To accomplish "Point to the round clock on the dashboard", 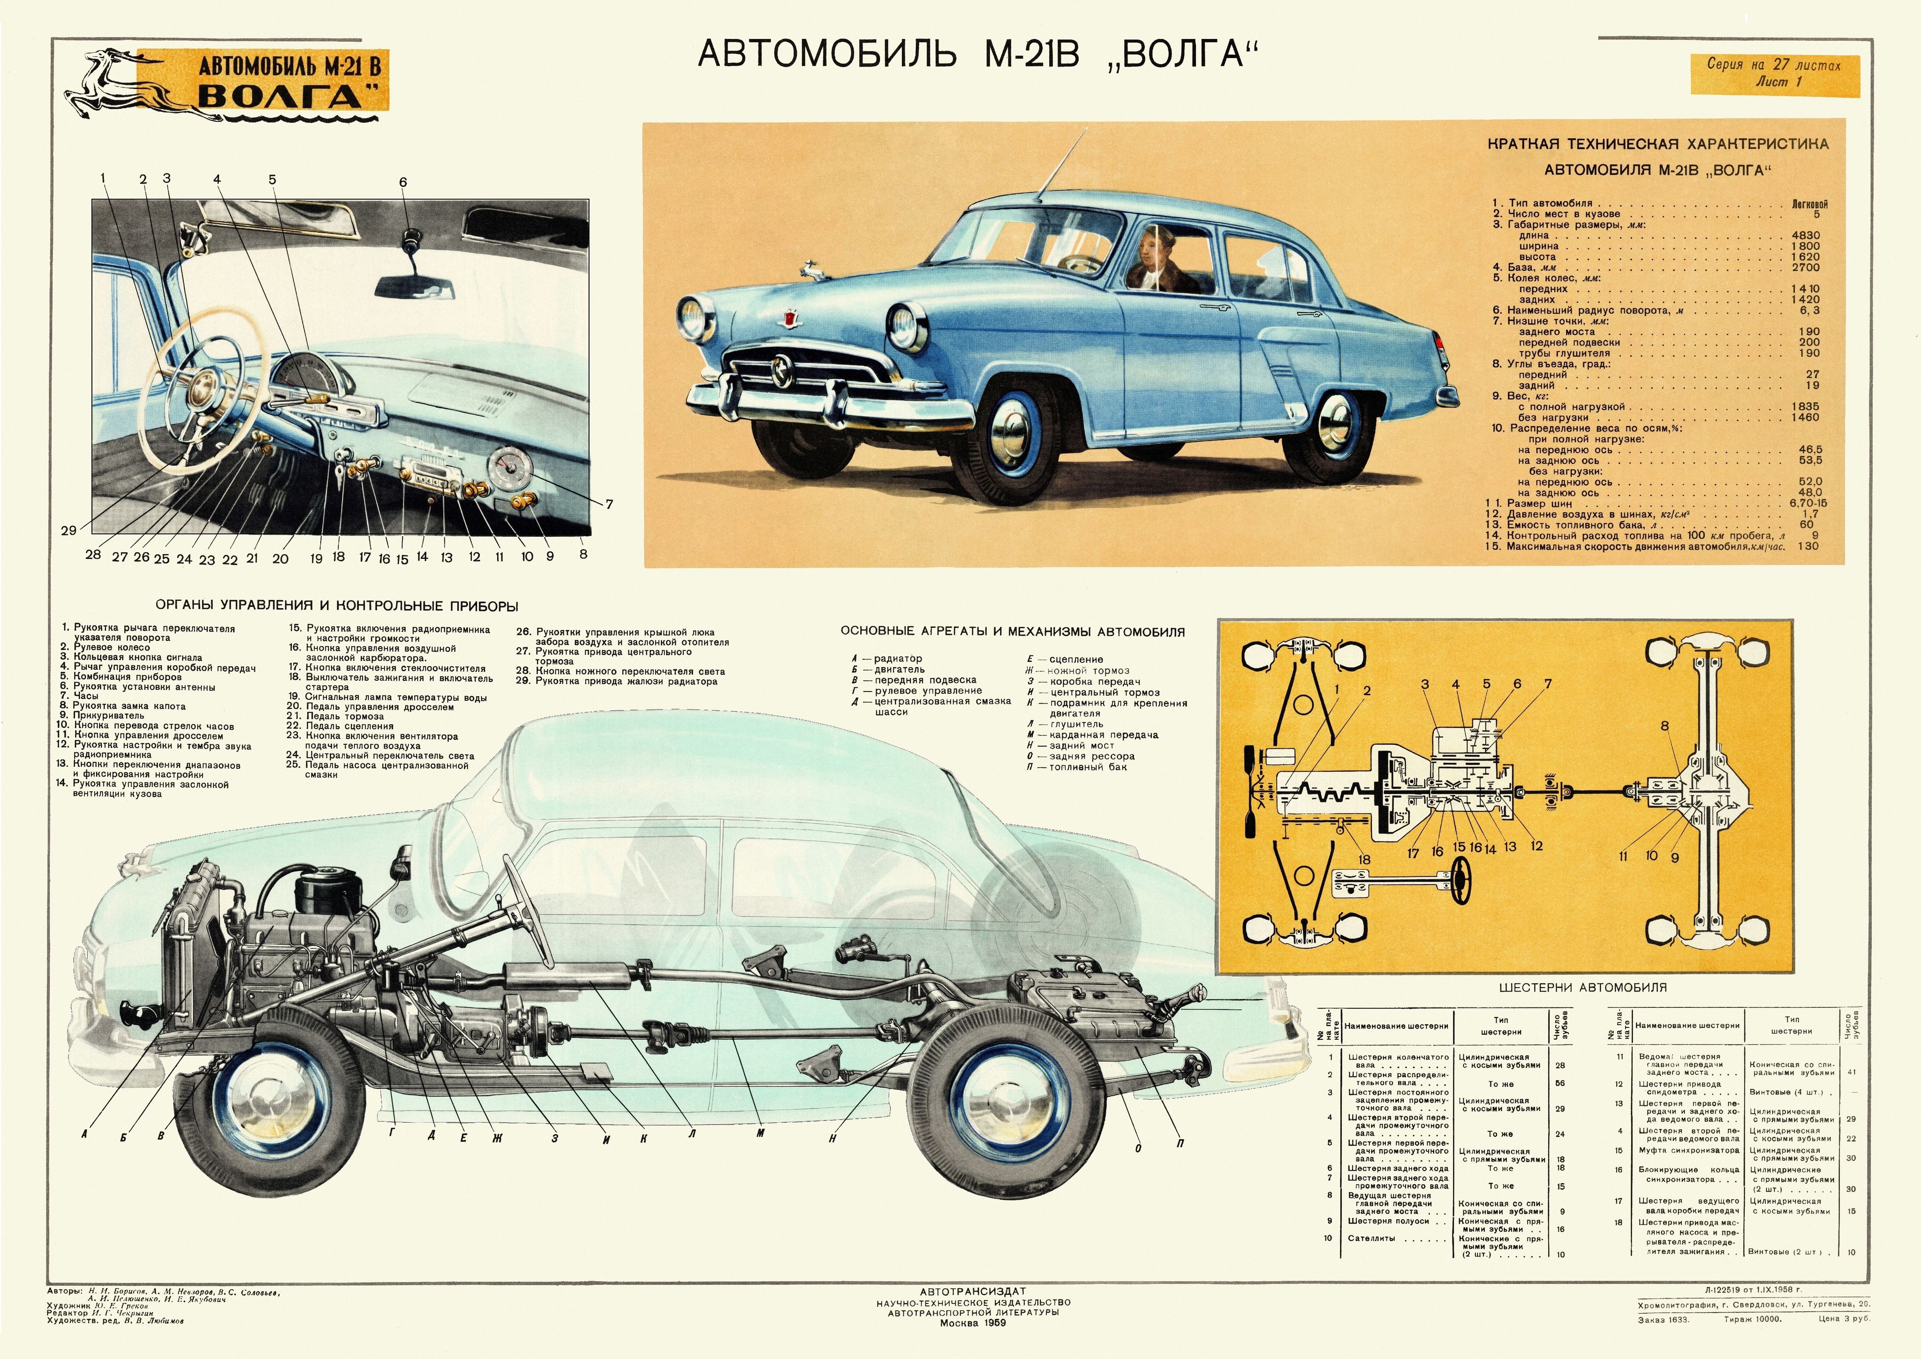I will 507,469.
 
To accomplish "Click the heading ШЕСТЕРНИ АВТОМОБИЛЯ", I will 1582,987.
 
